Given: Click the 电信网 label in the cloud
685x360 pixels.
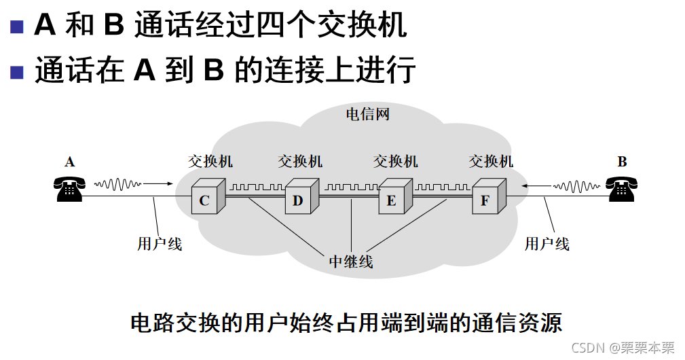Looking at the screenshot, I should [368, 113].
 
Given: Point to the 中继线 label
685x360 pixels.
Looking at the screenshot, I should [351, 262].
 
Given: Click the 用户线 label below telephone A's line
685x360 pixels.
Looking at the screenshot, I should [160, 243].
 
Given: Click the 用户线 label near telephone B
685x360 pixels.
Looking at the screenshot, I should [547, 243].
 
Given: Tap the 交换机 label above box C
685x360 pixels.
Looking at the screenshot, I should [210, 161].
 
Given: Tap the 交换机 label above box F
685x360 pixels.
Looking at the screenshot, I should [492, 161].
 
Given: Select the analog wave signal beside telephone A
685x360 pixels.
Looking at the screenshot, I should [118, 183].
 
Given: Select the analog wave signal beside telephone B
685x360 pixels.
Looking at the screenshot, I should [577, 183].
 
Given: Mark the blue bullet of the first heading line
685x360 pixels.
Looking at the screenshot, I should [17, 27].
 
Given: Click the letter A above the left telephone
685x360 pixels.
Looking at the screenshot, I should [69, 162].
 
